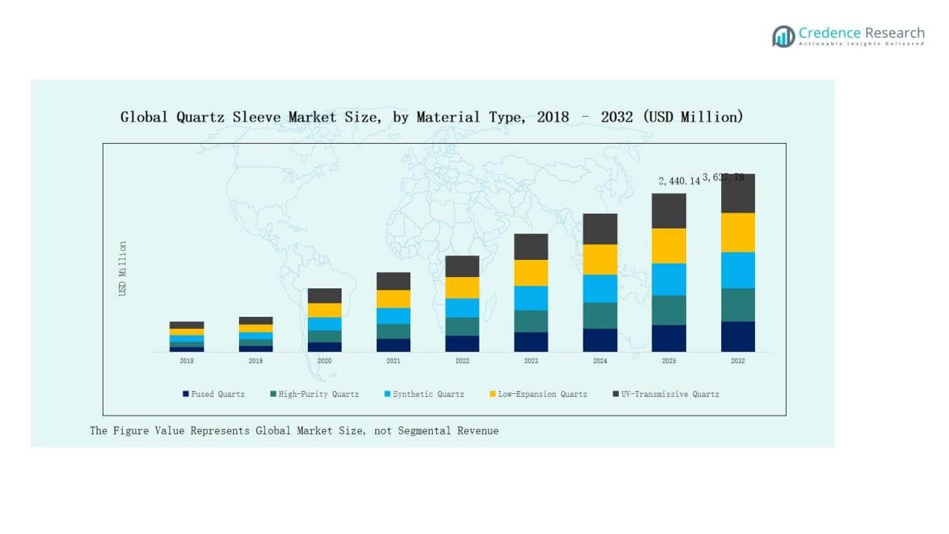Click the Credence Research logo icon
(783, 36)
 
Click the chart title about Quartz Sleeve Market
(431, 117)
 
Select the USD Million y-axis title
(123, 268)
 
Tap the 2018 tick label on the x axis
(187, 361)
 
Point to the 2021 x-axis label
(393, 361)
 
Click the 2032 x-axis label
(738, 361)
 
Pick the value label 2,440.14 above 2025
(679, 181)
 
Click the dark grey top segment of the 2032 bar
(738, 193)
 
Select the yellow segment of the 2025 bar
(669, 246)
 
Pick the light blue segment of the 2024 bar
(600, 288)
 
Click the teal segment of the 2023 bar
(531, 321)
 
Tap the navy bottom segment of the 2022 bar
(462, 344)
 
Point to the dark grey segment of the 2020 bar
(324, 296)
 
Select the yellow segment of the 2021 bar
(393, 299)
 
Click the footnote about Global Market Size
(294, 431)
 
